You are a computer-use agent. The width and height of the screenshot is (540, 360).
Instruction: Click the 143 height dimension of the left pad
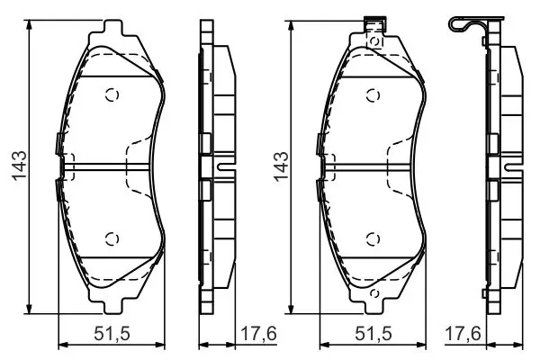[19, 166]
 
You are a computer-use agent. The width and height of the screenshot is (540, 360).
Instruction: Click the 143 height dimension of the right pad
[281, 166]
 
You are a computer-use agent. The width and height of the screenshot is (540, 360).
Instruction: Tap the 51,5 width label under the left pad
[112, 334]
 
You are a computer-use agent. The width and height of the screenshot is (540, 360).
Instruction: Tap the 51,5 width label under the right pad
[373, 334]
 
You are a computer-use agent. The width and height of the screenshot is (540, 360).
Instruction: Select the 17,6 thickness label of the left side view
[258, 334]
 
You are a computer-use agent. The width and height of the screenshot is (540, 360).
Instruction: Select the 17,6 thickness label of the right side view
[463, 334]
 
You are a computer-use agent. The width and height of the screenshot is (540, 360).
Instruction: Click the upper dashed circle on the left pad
[112, 94]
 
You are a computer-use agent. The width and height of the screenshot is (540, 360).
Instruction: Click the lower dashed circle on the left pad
[112, 238]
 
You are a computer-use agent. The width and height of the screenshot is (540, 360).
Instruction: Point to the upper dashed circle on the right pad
[373, 95]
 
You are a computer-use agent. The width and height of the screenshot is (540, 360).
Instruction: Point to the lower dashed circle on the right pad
[373, 238]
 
